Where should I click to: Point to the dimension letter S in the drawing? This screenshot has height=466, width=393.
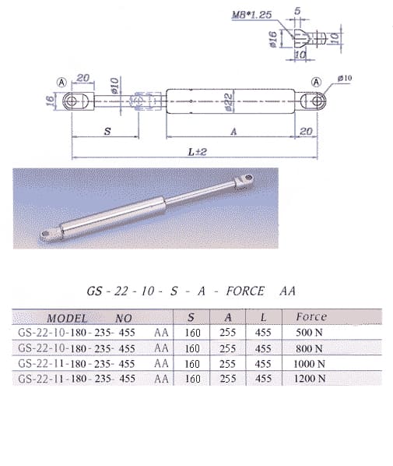pos(107,132)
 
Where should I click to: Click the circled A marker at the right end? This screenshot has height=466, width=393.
pos(317,82)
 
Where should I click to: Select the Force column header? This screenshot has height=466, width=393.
pos(312,317)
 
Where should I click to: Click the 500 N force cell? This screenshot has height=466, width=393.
pos(311,333)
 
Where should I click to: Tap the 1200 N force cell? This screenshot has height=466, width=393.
pos(311,379)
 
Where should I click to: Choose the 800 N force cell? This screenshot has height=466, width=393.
pos(311,348)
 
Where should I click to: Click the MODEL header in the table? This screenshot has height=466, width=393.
pos(67,318)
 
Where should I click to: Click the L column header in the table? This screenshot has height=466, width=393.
pos(263,317)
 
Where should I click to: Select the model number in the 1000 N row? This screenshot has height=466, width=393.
pos(76,364)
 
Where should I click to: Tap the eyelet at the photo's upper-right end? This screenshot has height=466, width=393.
pos(247,182)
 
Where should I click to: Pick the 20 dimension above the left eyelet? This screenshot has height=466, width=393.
pos(83,77)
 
